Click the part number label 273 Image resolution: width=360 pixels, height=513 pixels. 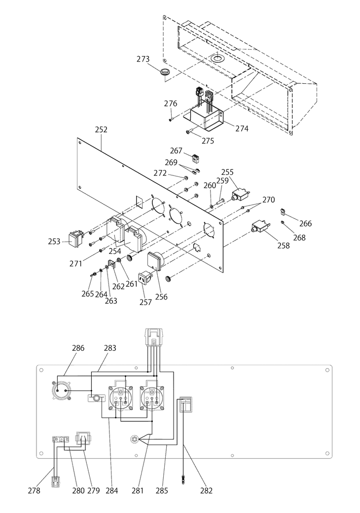tap(143, 59)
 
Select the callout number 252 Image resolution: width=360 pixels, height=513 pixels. tap(101, 130)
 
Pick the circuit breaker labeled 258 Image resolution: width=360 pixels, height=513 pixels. tap(260, 227)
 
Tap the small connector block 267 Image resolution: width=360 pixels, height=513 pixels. tap(195, 159)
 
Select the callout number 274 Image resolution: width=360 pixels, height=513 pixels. tap(242, 129)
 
